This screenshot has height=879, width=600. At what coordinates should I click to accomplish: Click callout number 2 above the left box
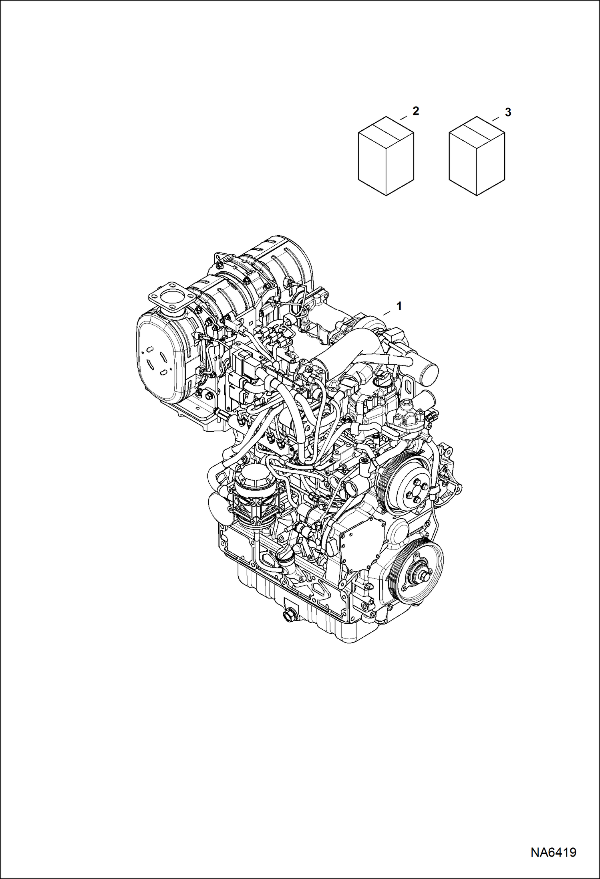tap(416, 111)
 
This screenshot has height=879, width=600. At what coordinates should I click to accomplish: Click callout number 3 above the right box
tap(507, 113)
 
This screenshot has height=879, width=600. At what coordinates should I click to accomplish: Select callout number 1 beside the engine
tap(399, 306)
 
